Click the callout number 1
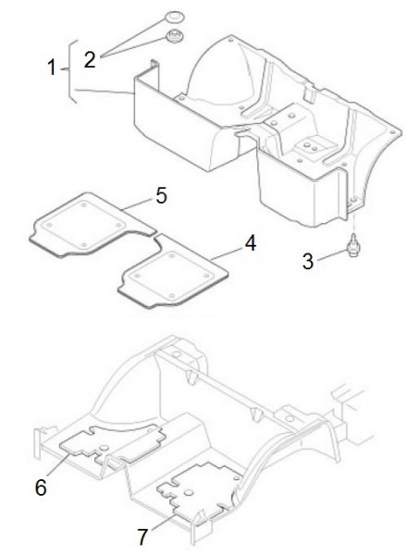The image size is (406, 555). click(x=52, y=68)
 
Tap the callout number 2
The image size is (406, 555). click(x=90, y=59)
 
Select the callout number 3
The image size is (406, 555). click(x=308, y=261)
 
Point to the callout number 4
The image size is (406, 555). click(x=251, y=243)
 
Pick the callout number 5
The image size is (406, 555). click(x=162, y=195)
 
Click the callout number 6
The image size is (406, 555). click(x=41, y=487)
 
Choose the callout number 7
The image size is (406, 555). click(x=142, y=536)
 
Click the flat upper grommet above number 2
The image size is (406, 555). click(x=175, y=17)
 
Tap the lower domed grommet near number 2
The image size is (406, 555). click(x=175, y=35)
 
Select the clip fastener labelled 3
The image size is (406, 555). click(x=352, y=245)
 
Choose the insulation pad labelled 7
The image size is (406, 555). click(x=198, y=490)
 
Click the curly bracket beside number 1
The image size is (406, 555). click(x=71, y=72)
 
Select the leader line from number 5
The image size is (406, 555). click(x=139, y=204)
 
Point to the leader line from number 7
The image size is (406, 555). click(x=163, y=523)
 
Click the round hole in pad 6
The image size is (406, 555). click(x=104, y=448)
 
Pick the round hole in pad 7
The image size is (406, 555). click(x=189, y=492)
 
